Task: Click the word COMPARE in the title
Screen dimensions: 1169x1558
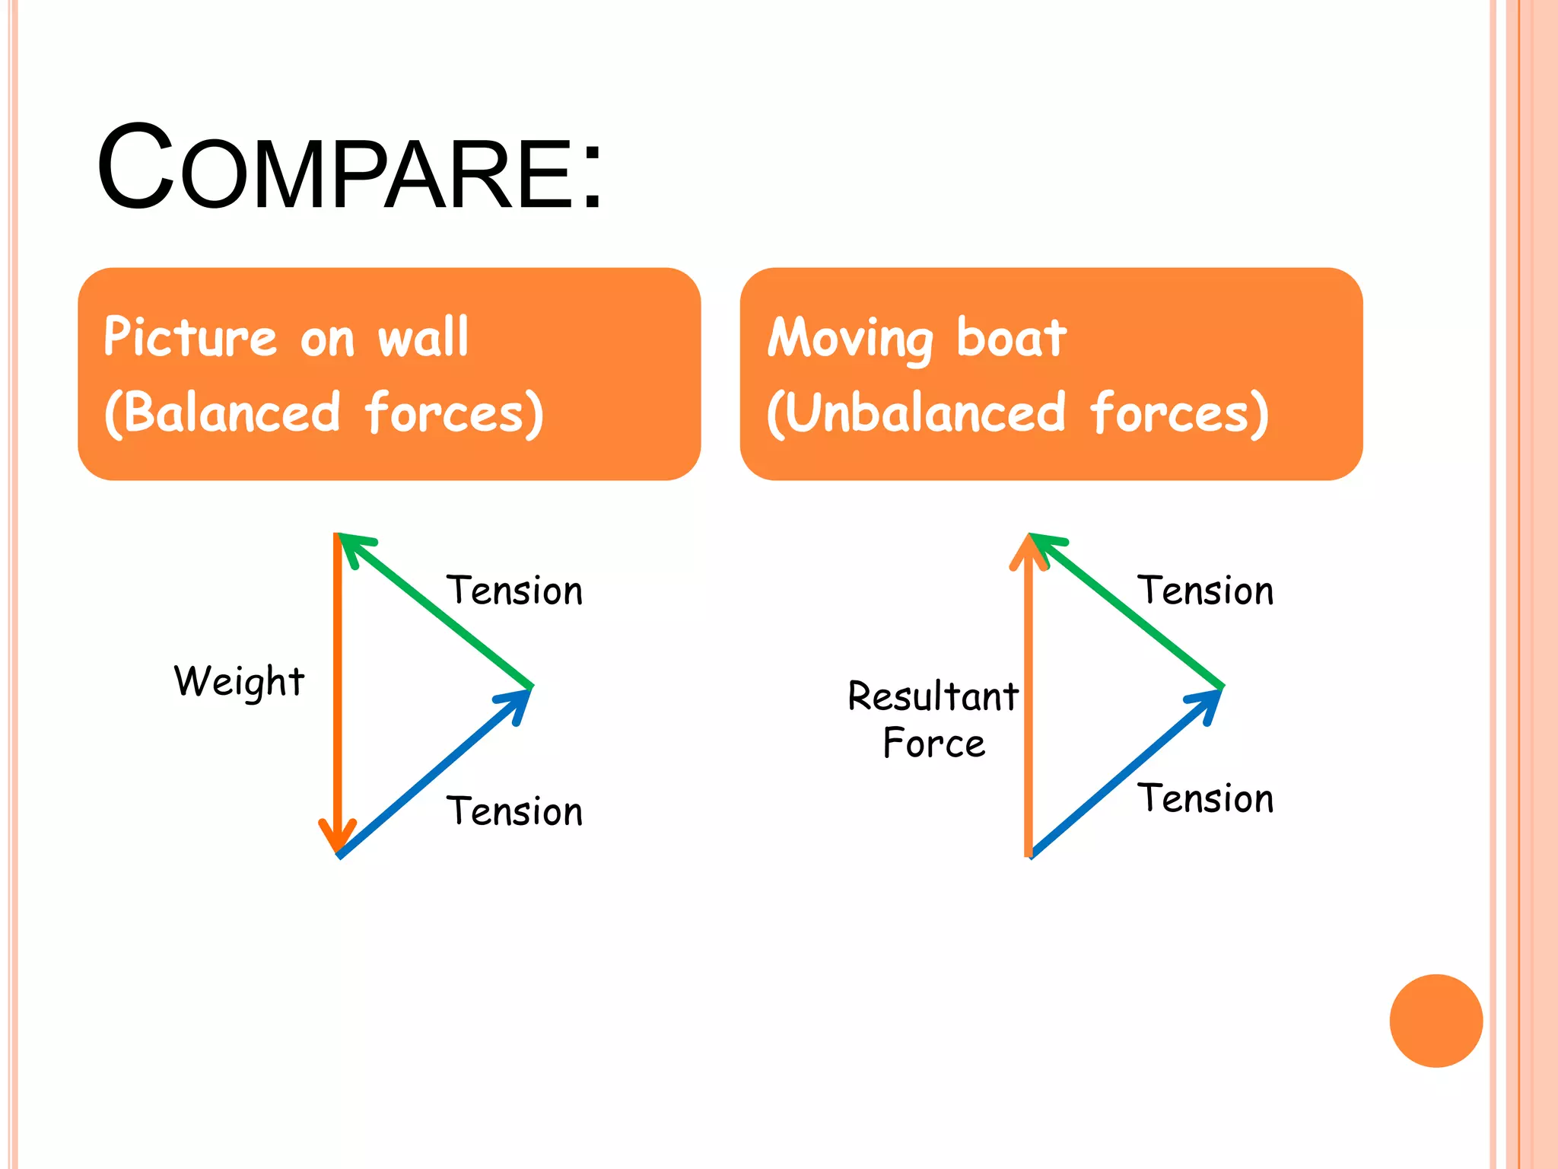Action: click(335, 169)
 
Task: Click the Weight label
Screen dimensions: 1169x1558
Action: click(239, 680)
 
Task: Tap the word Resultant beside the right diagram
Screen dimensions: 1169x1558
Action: click(933, 696)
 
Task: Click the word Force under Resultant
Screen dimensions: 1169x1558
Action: click(933, 744)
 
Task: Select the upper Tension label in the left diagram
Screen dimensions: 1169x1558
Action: click(514, 591)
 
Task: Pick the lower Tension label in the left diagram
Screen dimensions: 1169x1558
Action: click(514, 811)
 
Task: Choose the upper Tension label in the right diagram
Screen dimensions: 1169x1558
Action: click(1205, 591)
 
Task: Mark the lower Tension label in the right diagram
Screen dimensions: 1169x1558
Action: click(1205, 799)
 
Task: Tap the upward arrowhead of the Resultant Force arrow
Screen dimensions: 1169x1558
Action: click(1029, 549)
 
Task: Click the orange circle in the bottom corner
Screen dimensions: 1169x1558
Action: click(1436, 1021)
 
